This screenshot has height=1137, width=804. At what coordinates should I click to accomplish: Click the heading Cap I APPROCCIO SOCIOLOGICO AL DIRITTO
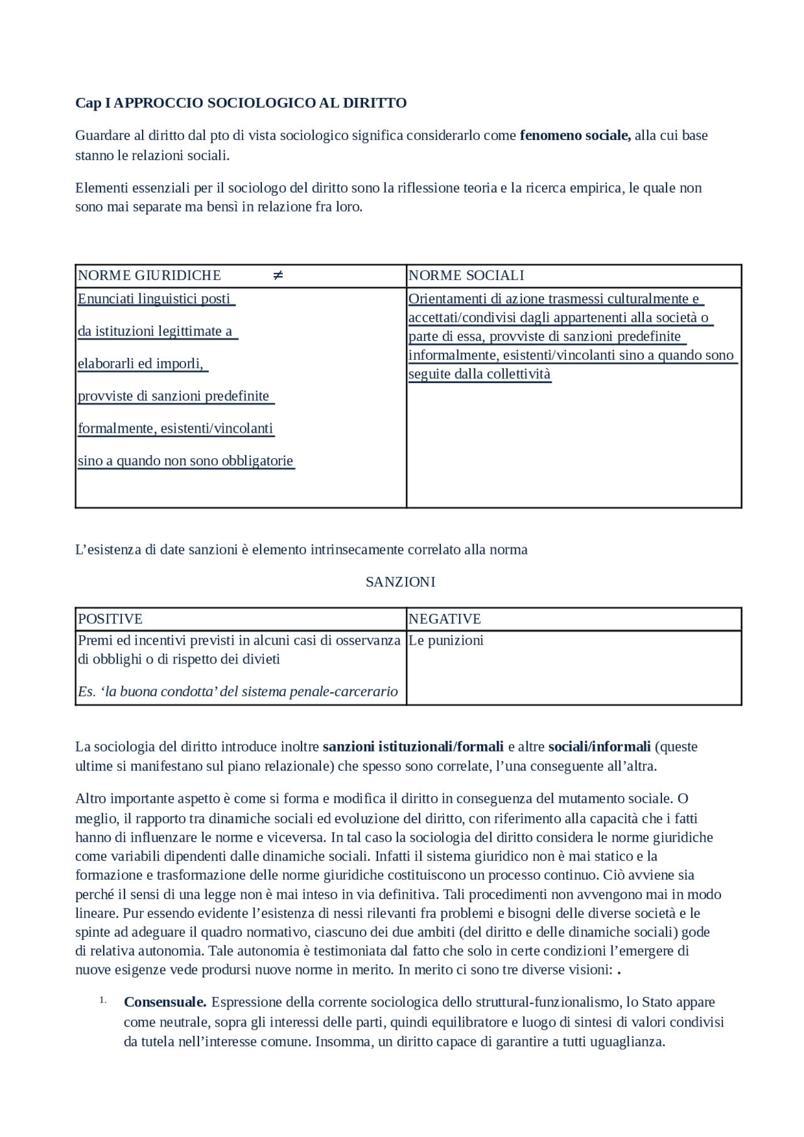tap(241, 103)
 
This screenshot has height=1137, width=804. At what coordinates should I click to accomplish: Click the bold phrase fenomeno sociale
tap(575, 135)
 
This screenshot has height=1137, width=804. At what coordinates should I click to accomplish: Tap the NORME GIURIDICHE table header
tap(149, 276)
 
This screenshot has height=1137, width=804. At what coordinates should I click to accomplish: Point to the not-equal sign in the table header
tap(278, 276)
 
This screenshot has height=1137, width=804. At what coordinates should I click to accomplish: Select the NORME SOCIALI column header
tap(466, 276)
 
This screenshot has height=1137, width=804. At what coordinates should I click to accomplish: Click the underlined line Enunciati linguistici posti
tap(155, 299)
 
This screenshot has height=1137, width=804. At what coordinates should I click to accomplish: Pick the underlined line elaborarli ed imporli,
tap(141, 364)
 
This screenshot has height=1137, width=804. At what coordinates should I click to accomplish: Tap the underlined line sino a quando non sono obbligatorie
tap(186, 461)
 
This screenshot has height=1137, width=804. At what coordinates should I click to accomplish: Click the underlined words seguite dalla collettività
tap(479, 374)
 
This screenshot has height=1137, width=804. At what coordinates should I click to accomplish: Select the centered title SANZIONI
tap(401, 582)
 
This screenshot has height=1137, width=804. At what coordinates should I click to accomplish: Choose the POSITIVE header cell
tap(111, 619)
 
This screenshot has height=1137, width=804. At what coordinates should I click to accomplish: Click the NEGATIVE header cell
tap(445, 619)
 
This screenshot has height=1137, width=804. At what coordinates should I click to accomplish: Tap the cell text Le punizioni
tap(446, 640)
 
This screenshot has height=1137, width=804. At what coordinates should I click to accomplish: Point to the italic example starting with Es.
tap(238, 692)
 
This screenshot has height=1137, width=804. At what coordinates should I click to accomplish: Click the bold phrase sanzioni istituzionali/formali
tap(413, 746)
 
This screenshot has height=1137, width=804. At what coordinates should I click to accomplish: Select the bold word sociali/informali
tap(599, 746)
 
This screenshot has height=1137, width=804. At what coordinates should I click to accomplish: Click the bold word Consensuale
tap(165, 1002)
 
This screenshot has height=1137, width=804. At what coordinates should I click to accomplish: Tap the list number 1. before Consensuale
tap(102, 1001)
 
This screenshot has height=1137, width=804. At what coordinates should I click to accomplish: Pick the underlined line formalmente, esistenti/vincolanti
tap(176, 429)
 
